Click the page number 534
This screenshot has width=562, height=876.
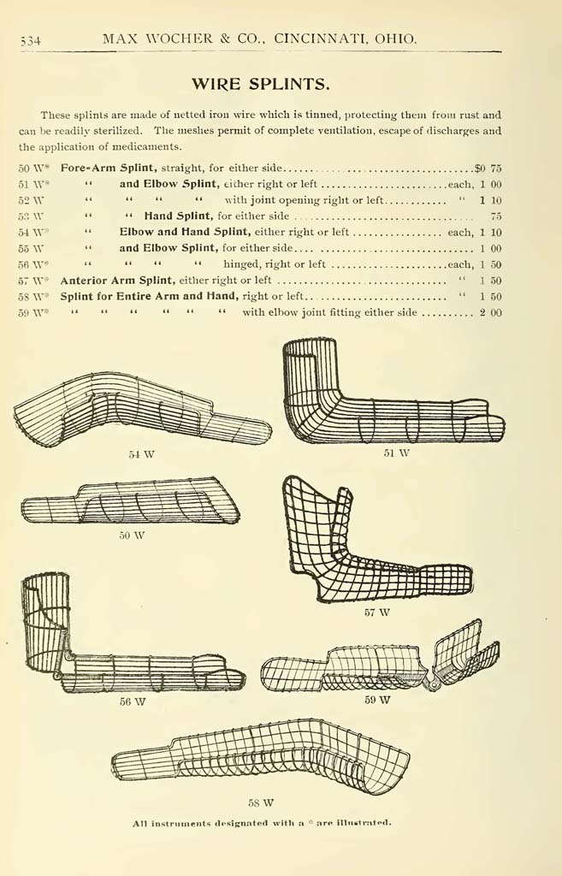coord(30,40)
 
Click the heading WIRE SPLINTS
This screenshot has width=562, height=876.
coord(260,85)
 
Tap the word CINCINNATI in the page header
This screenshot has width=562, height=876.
coord(321,38)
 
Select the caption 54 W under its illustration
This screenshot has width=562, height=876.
coord(141,454)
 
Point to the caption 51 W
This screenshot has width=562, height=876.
coord(397,453)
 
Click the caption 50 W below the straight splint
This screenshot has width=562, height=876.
coord(132,536)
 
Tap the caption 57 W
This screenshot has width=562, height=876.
coord(377,613)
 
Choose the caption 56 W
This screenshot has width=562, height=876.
coord(133,701)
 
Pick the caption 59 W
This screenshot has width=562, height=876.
coord(377,700)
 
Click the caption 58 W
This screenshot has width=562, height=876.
coord(261,802)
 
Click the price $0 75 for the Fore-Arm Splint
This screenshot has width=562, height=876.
coord(488,169)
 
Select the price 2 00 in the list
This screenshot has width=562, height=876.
coord(490,312)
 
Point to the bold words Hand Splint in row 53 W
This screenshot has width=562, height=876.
coord(178,216)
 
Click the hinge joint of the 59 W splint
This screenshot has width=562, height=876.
coord(431,683)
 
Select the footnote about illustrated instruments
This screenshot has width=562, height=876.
coord(262,823)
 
